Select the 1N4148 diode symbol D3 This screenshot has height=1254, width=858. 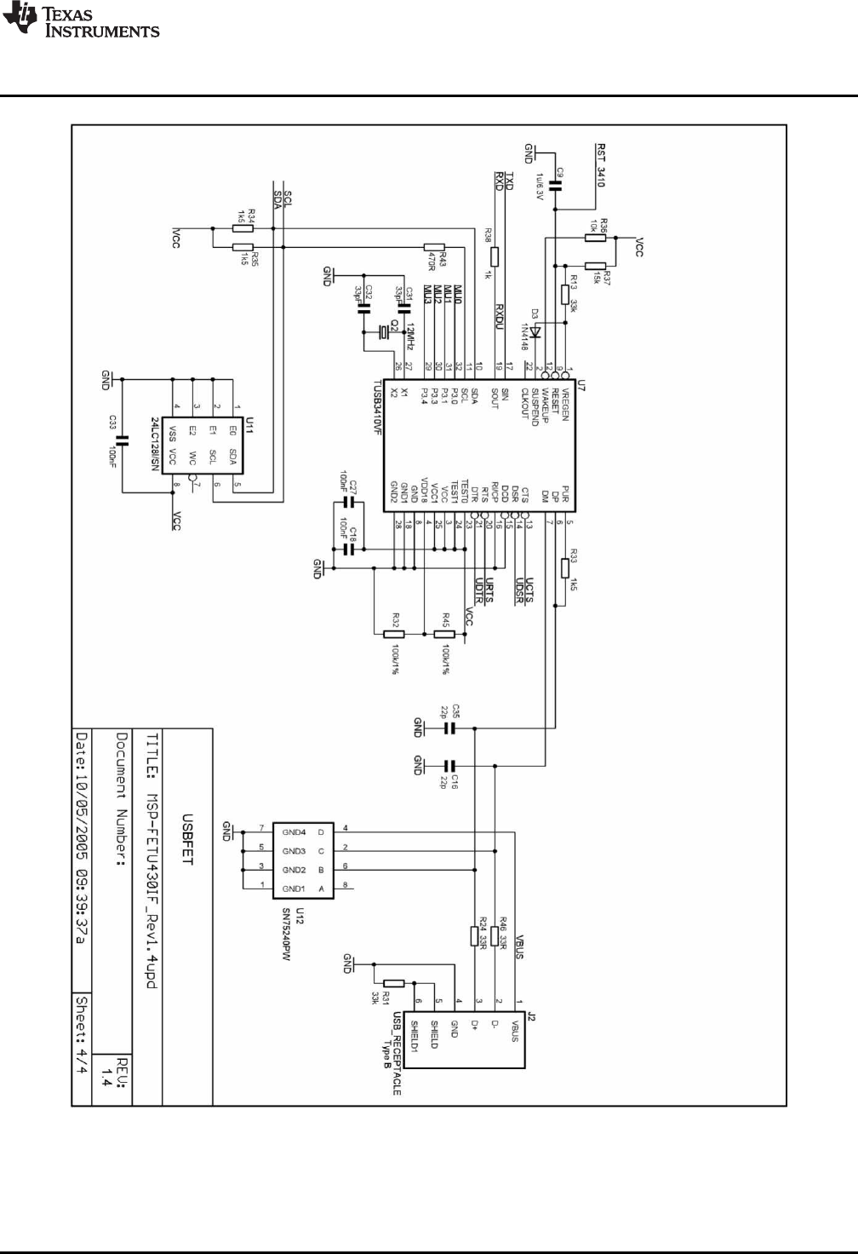tap(536, 325)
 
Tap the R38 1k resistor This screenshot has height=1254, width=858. tap(495, 256)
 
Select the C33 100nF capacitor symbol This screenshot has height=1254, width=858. tap(122, 440)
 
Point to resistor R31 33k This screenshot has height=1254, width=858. tap(393, 983)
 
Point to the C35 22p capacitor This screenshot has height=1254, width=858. tap(451, 728)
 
